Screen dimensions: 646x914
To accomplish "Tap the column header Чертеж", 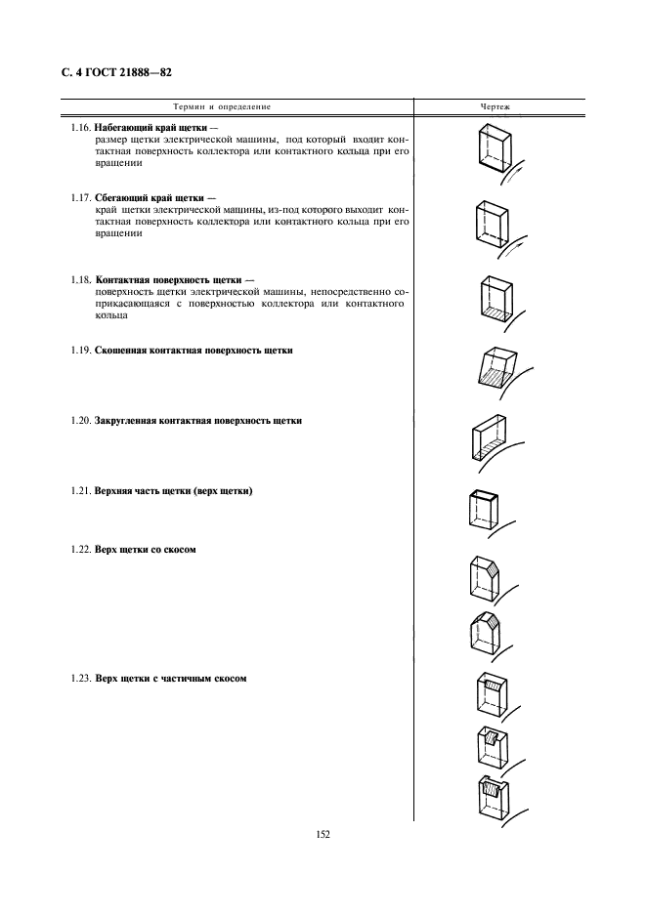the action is pyautogui.click(x=495, y=106).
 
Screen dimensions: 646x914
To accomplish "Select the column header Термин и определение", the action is pyautogui.click(x=222, y=106).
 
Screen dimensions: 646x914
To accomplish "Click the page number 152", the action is pyautogui.click(x=323, y=834).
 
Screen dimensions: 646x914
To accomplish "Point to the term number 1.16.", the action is pyautogui.click(x=81, y=128).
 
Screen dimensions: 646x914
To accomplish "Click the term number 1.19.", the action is pyautogui.click(x=81, y=351).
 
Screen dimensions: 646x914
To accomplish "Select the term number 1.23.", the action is pyautogui.click(x=81, y=679).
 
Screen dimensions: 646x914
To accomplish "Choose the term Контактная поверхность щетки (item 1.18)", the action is pyautogui.click(x=169, y=280).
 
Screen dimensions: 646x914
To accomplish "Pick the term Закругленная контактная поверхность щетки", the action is pyautogui.click(x=197, y=421).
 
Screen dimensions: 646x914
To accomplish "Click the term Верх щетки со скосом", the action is pyautogui.click(x=146, y=550).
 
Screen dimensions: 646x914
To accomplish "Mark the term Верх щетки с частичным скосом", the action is pyautogui.click(x=171, y=679).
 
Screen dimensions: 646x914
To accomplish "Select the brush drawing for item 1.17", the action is pyautogui.click(x=492, y=223).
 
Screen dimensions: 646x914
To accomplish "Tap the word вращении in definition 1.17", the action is pyautogui.click(x=118, y=233).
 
